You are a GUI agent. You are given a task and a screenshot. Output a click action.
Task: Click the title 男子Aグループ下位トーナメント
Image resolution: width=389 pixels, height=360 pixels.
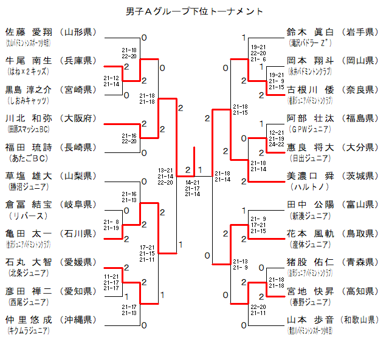pyautogui.click(x=194, y=12)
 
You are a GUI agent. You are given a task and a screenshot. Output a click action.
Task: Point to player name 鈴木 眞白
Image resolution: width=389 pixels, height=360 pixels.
pyautogui.click(x=310, y=32)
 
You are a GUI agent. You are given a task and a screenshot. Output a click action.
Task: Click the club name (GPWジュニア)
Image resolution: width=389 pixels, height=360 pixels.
pyautogui.click(x=309, y=129)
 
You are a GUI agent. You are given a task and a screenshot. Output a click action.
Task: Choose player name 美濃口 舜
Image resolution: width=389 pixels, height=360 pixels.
pyautogui.click(x=310, y=176)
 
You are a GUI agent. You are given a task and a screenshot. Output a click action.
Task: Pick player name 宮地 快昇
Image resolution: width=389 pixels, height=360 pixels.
pyautogui.click(x=310, y=291)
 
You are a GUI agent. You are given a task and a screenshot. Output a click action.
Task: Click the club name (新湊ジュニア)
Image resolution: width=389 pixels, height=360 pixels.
pyautogui.click(x=309, y=216)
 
